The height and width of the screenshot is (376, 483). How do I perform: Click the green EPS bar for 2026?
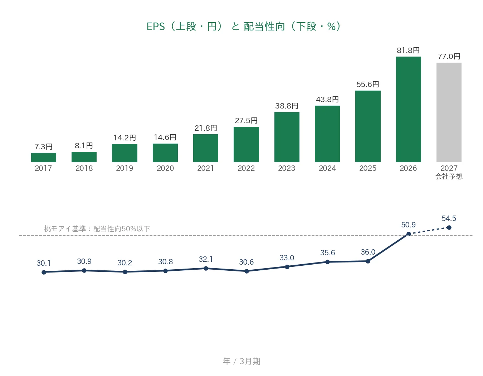point(408,109)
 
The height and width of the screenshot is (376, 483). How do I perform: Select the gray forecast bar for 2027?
point(449,112)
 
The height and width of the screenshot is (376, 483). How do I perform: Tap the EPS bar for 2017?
point(44,158)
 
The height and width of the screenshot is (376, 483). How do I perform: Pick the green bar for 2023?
point(287,137)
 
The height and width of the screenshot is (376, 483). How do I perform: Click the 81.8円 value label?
point(408,50)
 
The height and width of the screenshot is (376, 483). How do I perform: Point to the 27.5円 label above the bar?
point(246,121)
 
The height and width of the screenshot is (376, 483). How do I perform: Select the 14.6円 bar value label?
point(165,137)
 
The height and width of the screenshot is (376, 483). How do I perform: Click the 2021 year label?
point(206,168)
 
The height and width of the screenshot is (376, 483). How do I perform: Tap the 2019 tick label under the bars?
point(125,168)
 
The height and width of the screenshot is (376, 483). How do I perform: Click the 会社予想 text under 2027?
point(449,177)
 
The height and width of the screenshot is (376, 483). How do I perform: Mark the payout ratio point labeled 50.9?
point(409,234)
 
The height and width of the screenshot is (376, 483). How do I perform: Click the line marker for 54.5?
point(449,227)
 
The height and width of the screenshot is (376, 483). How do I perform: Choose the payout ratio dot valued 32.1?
point(206,268)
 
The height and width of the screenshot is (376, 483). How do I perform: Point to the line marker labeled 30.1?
point(44,272)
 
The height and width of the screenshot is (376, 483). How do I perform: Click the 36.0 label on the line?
point(368,252)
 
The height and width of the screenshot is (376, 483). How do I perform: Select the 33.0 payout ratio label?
point(287,258)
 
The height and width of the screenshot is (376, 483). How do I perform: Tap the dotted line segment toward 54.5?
point(429,231)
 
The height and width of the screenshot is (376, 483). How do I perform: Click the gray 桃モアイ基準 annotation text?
point(97,228)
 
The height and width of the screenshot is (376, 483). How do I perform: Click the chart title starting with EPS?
point(243,26)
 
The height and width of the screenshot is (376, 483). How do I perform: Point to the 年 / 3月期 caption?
point(241,361)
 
